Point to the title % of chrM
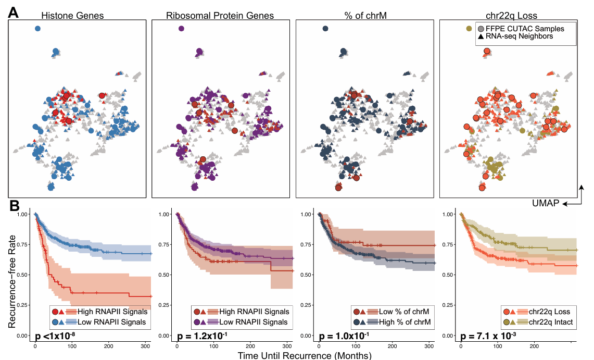(x=364, y=16)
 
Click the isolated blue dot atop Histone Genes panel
(x=37, y=29)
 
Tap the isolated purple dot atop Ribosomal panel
(x=181, y=29)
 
